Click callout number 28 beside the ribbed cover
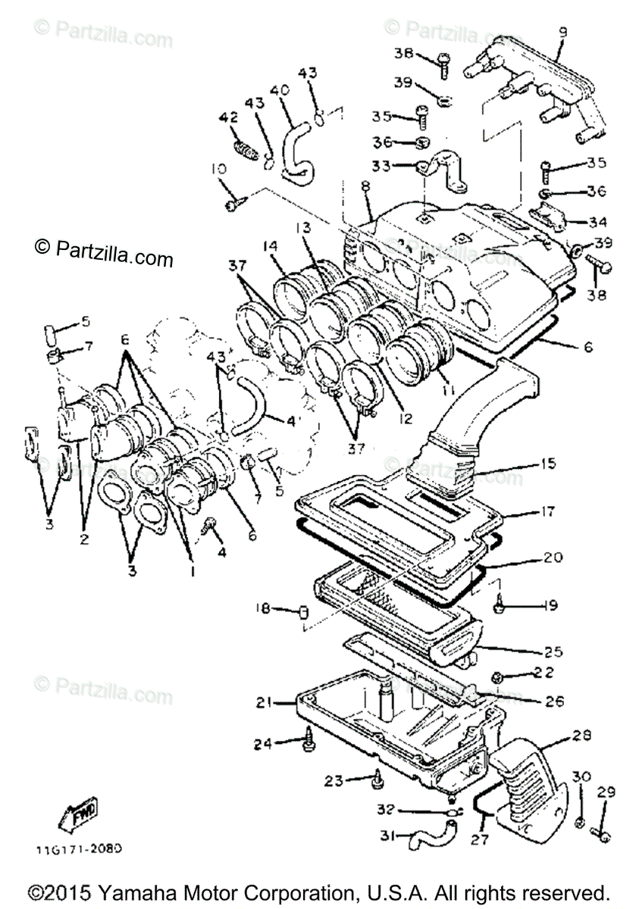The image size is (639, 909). click(x=582, y=736)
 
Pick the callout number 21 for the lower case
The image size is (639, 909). click(x=263, y=703)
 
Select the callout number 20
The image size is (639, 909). click(x=553, y=558)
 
